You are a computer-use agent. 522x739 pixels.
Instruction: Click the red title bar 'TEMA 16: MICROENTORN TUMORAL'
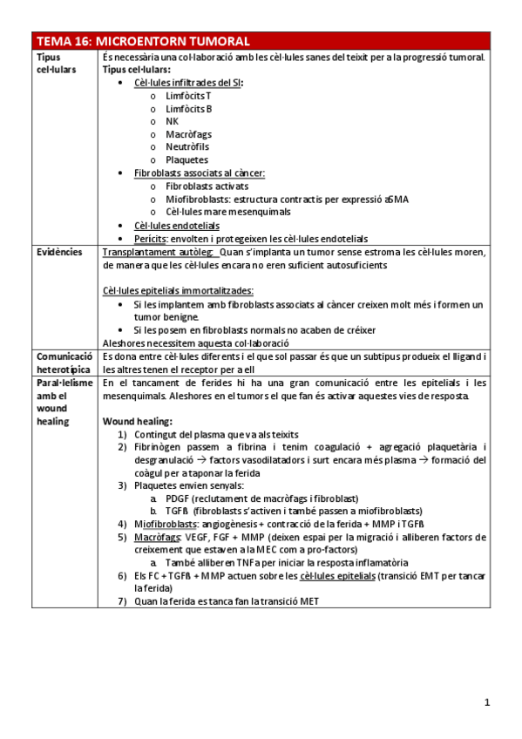[x=261, y=41]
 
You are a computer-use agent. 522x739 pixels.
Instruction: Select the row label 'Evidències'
[x=59, y=252]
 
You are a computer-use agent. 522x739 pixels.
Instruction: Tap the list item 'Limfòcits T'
[x=188, y=96]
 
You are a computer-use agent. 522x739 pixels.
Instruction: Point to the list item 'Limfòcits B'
[x=189, y=109]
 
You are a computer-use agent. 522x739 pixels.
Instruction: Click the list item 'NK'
[x=172, y=122]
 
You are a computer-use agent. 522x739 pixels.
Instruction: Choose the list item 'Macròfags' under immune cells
[x=188, y=135]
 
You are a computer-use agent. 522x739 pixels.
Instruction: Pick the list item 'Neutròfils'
[x=187, y=147]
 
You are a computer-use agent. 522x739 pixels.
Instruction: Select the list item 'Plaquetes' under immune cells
[x=186, y=160]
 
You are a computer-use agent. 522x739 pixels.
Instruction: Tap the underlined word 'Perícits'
[x=152, y=238]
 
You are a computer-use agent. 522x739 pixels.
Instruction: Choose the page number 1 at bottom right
[x=488, y=702]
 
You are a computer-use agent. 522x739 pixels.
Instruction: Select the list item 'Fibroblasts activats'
[x=207, y=186]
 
